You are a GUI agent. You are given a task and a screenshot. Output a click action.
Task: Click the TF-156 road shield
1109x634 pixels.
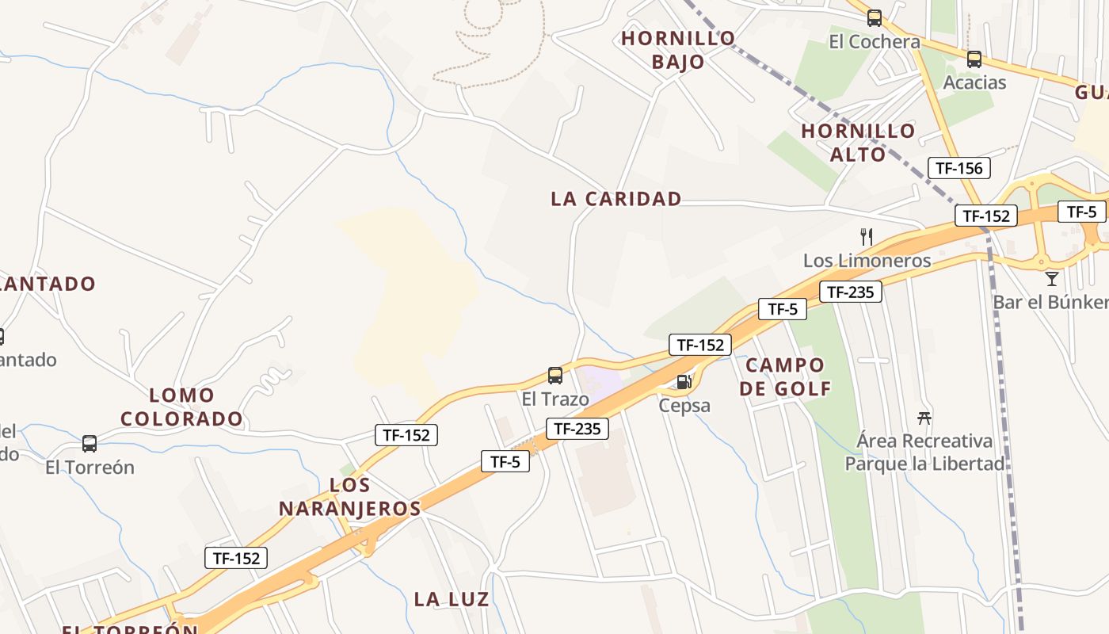(958, 168)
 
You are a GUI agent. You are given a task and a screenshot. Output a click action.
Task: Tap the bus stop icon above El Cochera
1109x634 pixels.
(875, 18)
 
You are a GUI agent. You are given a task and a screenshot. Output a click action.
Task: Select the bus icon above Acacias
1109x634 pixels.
(974, 59)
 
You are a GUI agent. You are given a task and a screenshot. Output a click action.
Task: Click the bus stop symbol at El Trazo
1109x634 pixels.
(555, 376)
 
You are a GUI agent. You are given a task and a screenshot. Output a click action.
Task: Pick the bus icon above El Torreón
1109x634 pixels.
(90, 444)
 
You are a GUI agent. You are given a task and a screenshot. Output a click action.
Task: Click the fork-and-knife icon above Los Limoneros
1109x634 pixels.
(867, 236)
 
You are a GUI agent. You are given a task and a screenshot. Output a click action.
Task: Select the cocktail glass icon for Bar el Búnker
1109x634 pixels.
(1051, 278)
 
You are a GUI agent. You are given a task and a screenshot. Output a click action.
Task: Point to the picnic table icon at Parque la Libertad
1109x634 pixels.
(924, 418)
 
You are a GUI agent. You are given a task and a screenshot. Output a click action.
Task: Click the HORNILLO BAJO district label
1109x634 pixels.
(678, 50)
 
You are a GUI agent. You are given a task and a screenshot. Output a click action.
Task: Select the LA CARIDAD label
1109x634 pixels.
(616, 199)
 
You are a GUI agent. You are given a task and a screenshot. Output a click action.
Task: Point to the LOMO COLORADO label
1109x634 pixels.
(181, 407)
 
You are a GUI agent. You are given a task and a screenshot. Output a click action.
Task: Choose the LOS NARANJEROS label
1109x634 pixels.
(349, 497)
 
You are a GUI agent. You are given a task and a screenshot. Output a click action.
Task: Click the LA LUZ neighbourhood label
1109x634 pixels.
(452, 599)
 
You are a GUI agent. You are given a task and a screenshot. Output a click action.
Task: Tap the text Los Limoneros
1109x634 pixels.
(867, 261)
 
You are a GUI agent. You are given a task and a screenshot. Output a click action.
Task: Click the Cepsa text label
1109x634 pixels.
(684, 406)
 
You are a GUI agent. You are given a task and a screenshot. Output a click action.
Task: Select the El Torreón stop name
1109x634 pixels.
(90, 468)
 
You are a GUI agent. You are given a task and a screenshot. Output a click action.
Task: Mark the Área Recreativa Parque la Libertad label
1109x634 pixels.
(924, 452)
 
